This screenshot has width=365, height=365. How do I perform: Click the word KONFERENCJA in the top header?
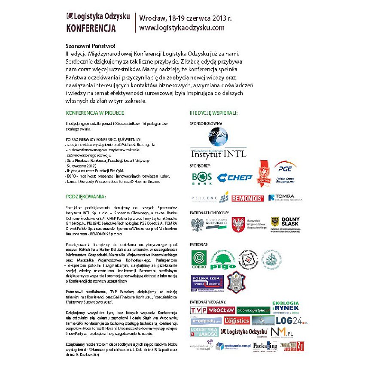click(91, 28)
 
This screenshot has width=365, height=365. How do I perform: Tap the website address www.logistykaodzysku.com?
click(182, 27)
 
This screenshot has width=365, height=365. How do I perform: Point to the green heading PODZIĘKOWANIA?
click(85, 196)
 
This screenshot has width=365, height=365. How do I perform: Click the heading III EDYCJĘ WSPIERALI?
click(214, 113)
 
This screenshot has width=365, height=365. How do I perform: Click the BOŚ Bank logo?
click(202, 178)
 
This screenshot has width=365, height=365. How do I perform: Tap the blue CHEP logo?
click(234, 177)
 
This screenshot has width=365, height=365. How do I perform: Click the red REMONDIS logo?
click(247, 198)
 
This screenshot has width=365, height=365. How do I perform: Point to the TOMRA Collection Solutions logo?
click(285, 198)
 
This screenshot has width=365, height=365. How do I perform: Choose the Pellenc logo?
click(209, 198)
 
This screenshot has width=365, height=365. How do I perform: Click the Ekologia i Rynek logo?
click(286, 307)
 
